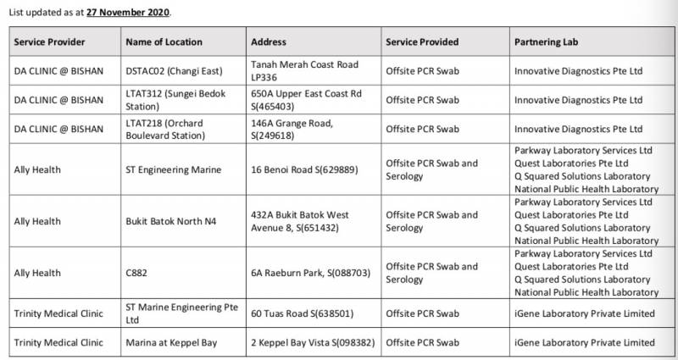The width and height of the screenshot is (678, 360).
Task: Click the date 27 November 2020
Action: [x=128, y=13]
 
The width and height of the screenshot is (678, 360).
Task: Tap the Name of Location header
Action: [x=164, y=42]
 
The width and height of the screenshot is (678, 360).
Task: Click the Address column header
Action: [x=269, y=42]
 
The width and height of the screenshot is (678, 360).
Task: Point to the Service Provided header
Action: [x=422, y=42]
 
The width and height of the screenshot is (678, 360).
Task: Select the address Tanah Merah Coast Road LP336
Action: [x=305, y=70]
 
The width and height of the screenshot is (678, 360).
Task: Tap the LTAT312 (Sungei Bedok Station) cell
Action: [x=173, y=100]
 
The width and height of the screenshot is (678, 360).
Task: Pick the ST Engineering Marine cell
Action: [x=173, y=169]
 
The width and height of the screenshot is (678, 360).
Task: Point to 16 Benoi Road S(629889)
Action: [x=304, y=169]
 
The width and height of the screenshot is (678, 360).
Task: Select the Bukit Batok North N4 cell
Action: [x=170, y=221]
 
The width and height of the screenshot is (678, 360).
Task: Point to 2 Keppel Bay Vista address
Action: [x=313, y=342]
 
